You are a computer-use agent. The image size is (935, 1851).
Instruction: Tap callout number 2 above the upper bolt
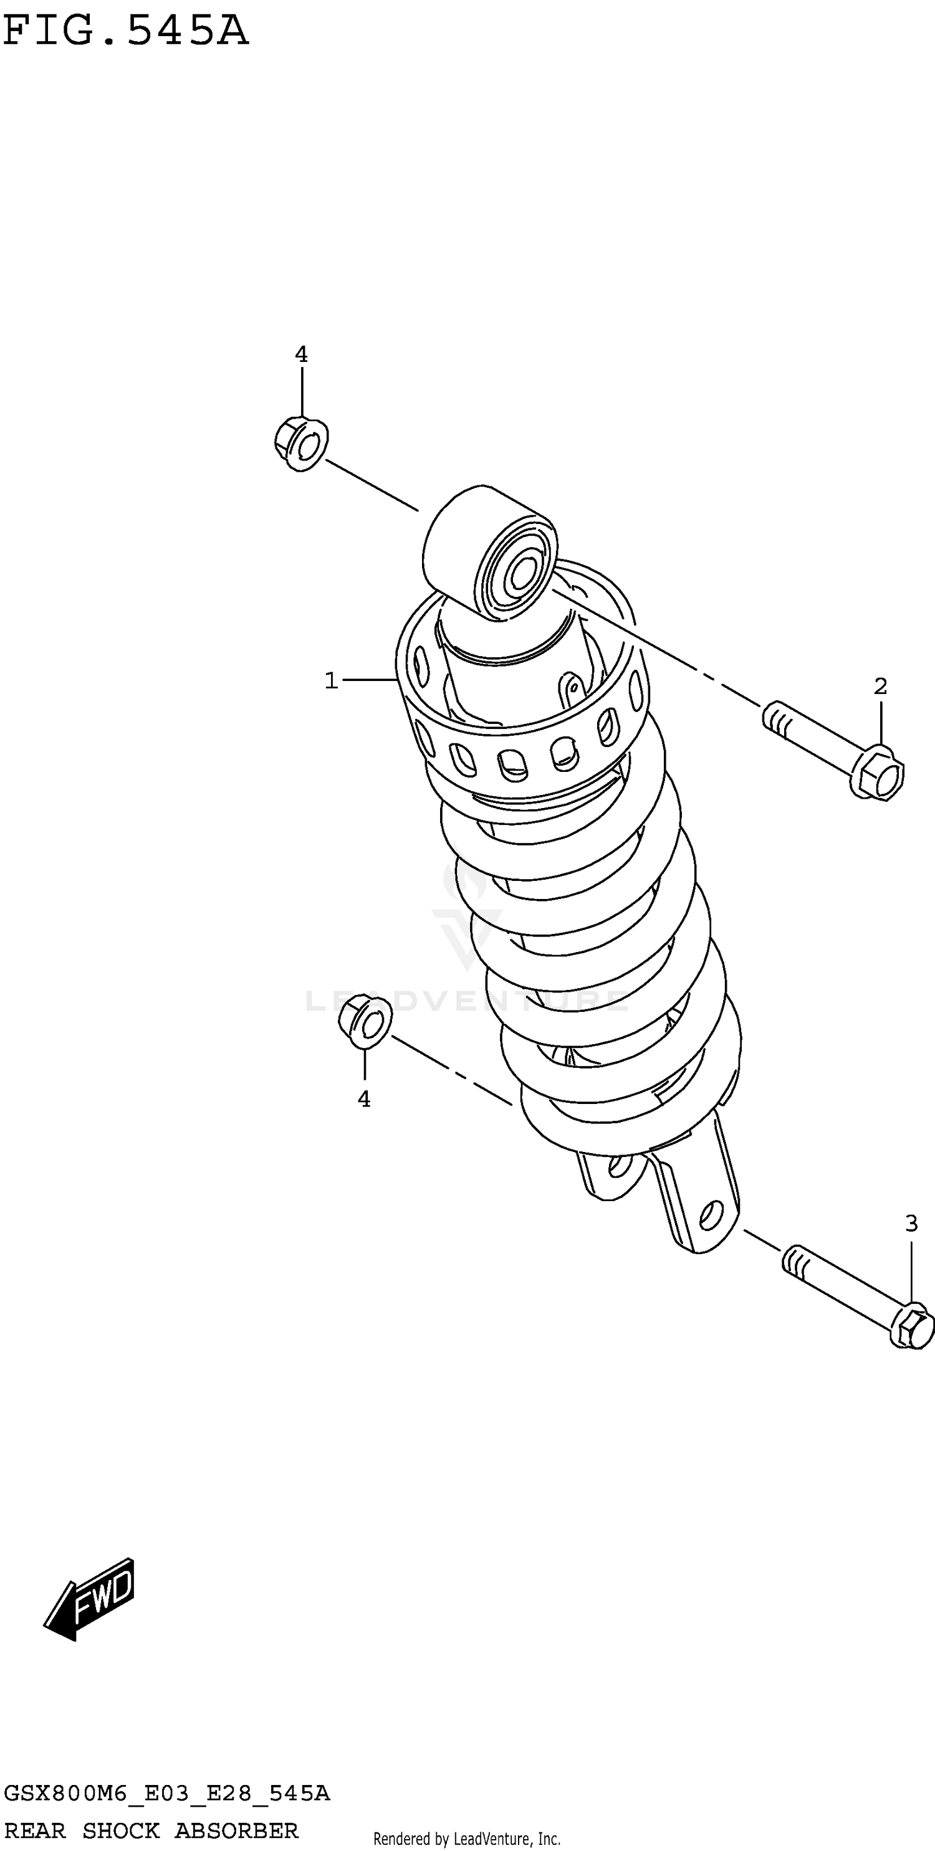click(880, 686)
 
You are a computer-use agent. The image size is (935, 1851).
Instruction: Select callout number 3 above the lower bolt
click(911, 1223)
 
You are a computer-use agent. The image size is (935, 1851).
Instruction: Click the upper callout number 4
click(301, 354)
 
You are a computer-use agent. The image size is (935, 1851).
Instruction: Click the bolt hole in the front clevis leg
click(710, 1214)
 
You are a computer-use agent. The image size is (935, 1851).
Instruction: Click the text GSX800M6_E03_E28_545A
click(166, 1794)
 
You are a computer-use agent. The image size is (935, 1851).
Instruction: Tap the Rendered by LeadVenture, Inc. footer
click(466, 1839)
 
